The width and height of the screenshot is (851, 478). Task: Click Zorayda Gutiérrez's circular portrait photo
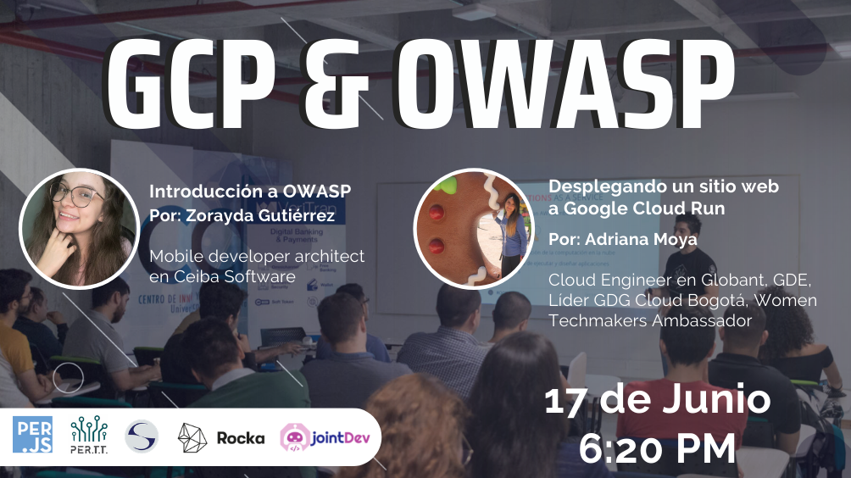point(78,229)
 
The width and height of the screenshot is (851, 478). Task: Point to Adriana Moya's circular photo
point(473,228)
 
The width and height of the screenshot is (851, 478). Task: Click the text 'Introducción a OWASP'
point(250,191)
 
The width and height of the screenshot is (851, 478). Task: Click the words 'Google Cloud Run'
point(644,208)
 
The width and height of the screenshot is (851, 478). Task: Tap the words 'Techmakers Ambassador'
point(649,320)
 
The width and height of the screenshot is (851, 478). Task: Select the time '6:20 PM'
point(657,447)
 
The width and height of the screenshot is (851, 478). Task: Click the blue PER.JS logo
point(33,436)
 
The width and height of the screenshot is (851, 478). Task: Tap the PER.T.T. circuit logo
point(88,436)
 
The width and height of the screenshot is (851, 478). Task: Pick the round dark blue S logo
point(141,436)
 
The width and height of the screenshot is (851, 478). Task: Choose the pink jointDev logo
point(329,437)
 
